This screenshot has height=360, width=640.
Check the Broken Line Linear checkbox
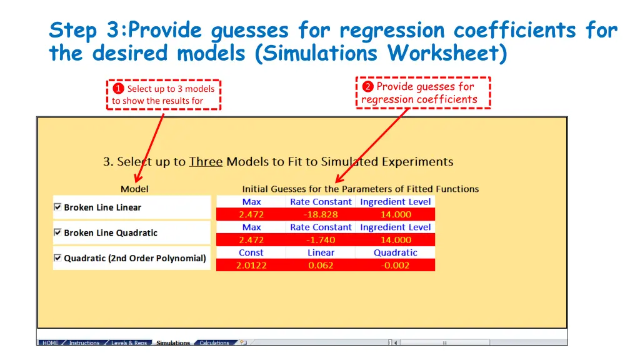(57, 207)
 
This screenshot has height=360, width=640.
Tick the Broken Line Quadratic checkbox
(57, 232)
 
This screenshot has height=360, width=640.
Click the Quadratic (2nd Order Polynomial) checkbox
(57, 257)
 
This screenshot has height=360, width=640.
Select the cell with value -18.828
(321, 214)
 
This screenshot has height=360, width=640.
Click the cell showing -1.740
(321, 240)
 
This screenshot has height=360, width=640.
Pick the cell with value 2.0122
(251, 265)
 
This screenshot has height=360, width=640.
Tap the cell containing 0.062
(321, 265)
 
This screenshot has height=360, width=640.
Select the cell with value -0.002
(395, 265)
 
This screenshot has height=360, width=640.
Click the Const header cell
(251, 252)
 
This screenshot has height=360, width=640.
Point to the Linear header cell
(321, 252)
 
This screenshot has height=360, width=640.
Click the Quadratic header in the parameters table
(395, 252)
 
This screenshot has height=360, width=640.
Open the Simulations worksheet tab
(173, 343)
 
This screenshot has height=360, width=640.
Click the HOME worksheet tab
(51, 343)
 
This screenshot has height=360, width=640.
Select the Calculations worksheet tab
(214, 343)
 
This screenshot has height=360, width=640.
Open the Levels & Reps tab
(129, 343)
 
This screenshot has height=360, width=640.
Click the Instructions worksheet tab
(84, 343)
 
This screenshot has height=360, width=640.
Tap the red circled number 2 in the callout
(368, 87)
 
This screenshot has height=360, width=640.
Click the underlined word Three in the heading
(206, 162)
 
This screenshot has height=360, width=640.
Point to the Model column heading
(134, 189)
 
